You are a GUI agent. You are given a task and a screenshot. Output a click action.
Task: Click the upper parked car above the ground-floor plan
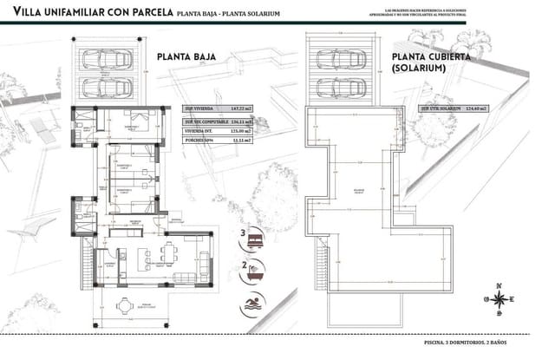point(108,59)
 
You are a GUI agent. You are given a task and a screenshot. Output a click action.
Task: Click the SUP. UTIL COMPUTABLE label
point(202,123)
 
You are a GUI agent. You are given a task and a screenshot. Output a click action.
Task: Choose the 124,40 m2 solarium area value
point(474,108)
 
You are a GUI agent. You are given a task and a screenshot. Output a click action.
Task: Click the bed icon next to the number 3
point(256,236)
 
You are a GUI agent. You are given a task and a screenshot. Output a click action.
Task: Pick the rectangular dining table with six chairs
point(167,253)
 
